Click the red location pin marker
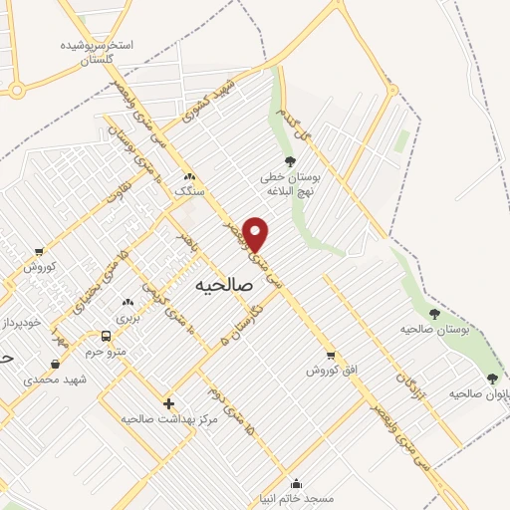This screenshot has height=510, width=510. tap(256, 234)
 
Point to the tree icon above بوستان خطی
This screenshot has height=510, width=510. tap(290, 161)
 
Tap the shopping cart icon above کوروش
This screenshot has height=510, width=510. tap(39, 251)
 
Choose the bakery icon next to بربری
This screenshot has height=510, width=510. tap(127, 303)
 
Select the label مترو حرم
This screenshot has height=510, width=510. tap(107, 352)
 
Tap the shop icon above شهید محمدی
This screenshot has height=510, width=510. tap(54, 364)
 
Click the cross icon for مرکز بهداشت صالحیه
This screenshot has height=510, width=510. tap(168, 403)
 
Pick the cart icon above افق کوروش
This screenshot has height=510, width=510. tap(331, 355)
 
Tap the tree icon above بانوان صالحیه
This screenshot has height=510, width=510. tap(492, 379)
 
